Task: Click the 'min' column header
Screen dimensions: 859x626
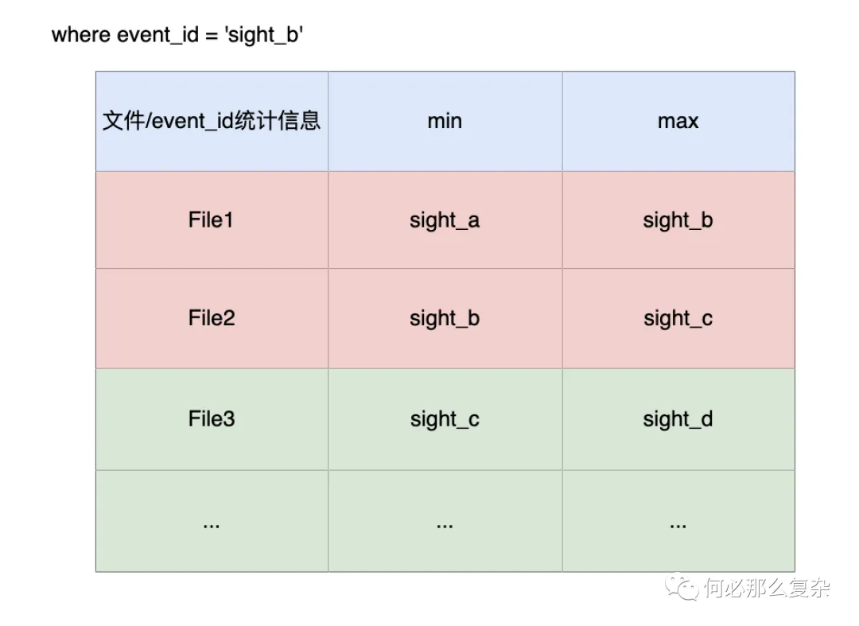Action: [445, 121]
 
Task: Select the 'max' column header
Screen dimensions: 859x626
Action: [678, 121]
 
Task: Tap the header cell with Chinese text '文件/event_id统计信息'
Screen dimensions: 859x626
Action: [212, 121]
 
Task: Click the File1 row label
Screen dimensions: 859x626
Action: [211, 220]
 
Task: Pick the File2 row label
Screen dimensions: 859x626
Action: [212, 317]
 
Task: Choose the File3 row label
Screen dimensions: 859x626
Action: [212, 418]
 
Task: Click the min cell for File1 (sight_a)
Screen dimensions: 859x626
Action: [445, 220]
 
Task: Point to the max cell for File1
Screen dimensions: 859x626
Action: [678, 220]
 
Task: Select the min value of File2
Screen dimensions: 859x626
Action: [445, 319]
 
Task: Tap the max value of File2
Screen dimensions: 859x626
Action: [678, 319]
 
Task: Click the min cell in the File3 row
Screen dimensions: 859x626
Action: [445, 419]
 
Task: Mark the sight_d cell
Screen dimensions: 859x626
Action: [678, 419]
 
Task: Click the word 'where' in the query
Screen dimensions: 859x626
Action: [81, 34]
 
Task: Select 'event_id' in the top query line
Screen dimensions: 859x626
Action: [157, 35]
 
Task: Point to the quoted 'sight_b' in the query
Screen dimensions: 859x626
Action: [263, 36]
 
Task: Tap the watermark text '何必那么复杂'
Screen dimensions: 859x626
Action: [767, 588]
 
